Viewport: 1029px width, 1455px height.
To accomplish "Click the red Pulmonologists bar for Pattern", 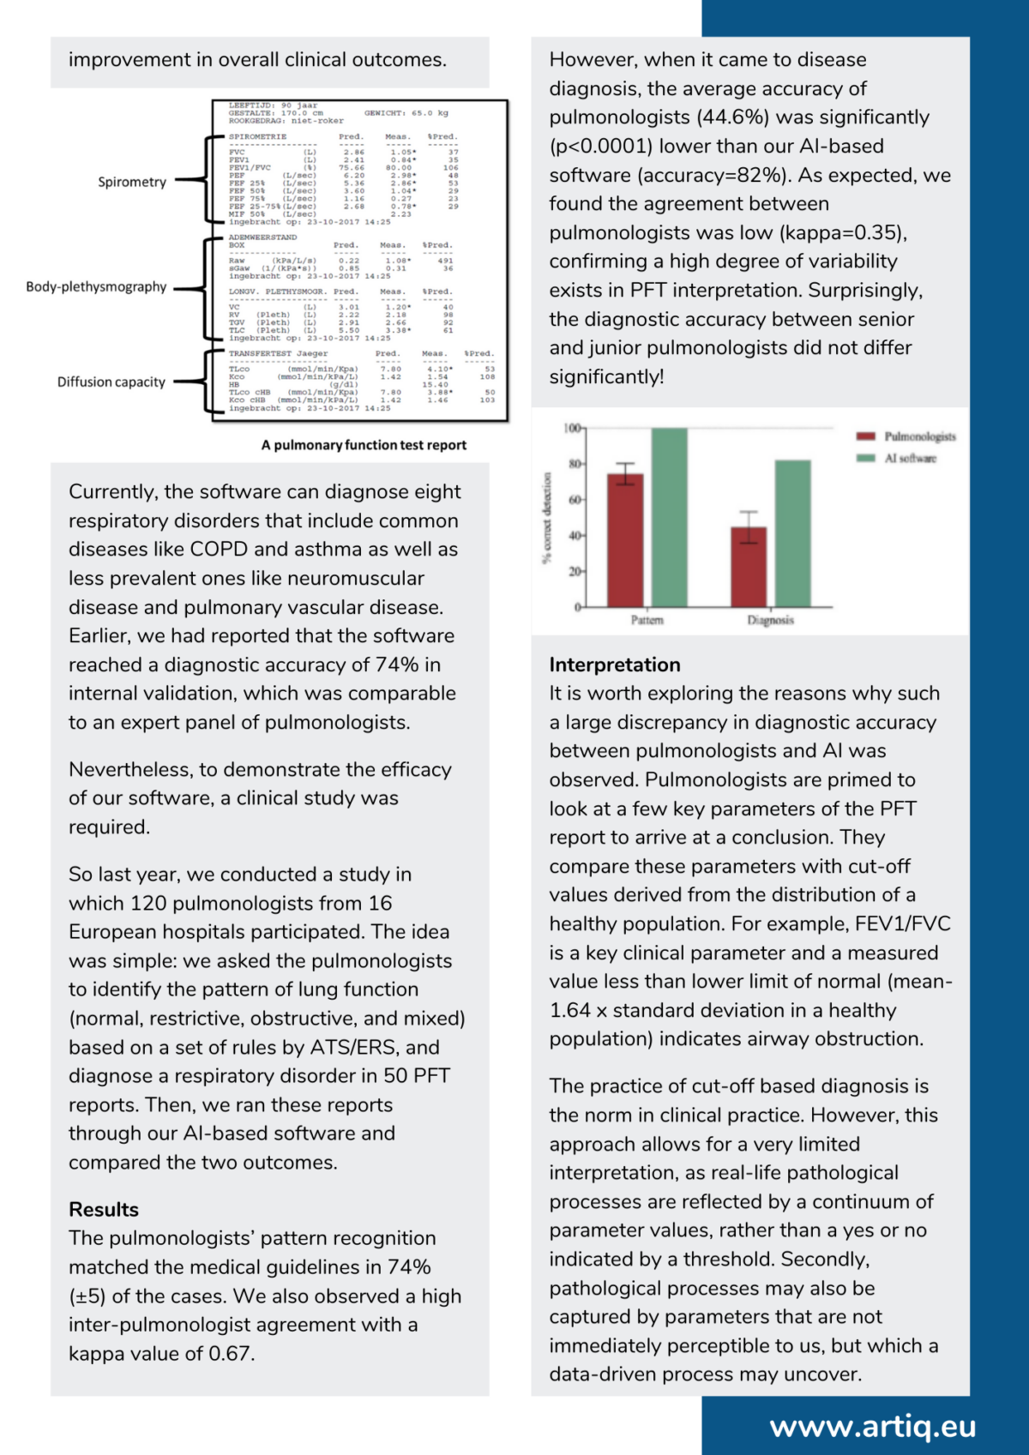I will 625,540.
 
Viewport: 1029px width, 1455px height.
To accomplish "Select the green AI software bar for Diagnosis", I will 792,533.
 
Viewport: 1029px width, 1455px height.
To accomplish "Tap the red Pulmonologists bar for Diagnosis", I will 749,567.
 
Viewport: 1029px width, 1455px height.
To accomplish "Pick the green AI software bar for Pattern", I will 669,518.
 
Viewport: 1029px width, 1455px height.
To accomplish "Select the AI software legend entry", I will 910,459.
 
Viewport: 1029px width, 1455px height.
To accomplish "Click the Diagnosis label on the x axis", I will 770,620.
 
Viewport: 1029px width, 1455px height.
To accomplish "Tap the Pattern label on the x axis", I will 647,620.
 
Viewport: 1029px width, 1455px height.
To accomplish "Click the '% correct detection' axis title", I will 546,518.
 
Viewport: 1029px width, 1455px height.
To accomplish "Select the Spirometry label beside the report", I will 132,182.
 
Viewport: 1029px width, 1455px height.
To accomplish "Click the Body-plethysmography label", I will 96,286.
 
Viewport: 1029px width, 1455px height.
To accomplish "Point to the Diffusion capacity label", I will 111,382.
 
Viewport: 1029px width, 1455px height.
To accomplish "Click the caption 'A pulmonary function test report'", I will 364,445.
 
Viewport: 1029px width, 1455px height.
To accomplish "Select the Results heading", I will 104,1210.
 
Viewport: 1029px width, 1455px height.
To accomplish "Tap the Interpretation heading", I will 615,664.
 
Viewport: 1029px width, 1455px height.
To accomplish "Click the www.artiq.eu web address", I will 872,1426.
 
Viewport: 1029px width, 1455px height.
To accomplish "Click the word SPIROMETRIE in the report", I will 257,137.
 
